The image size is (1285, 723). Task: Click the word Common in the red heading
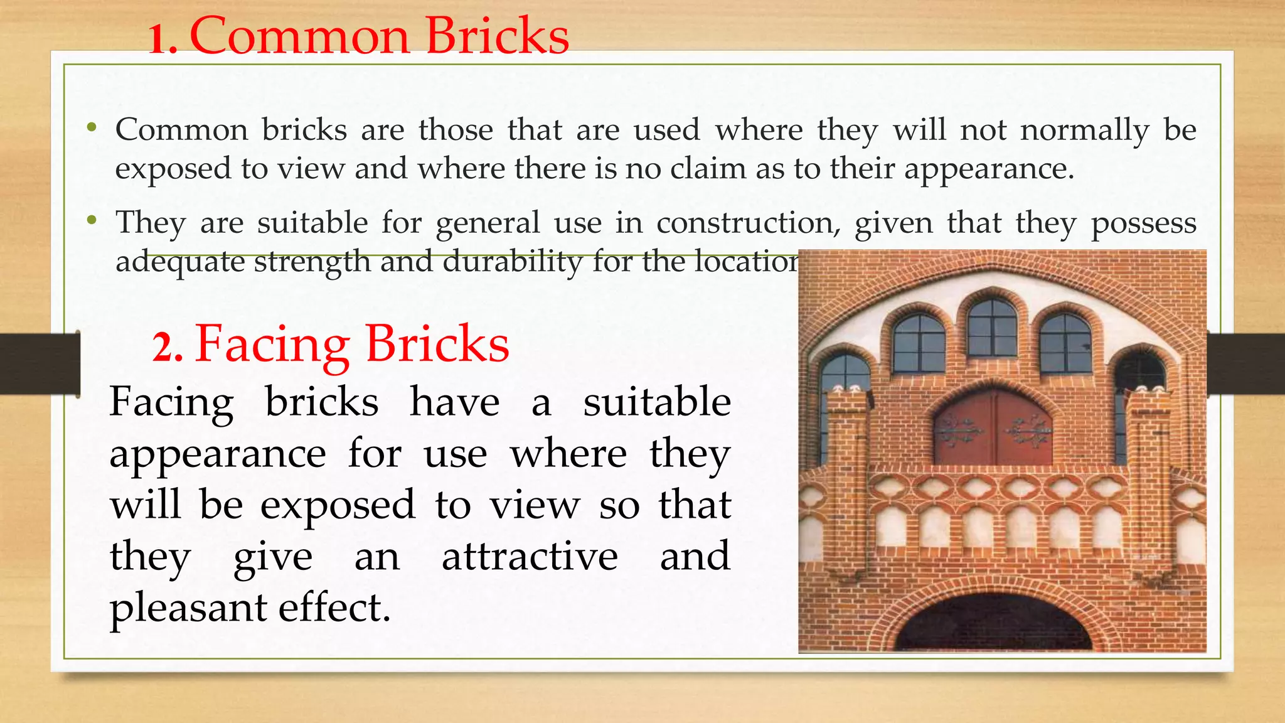(x=300, y=36)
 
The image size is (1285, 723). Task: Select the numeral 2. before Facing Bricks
(x=168, y=348)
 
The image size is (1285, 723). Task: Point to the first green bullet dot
(x=92, y=127)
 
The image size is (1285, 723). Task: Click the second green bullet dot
(x=92, y=220)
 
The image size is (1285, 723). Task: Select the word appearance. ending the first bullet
(x=989, y=169)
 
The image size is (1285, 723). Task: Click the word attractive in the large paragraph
(x=530, y=557)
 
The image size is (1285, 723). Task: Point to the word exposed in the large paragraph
(x=338, y=505)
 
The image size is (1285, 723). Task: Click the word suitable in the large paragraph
(x=657, y=402)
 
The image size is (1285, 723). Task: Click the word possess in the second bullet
(x=1143, y=223)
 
